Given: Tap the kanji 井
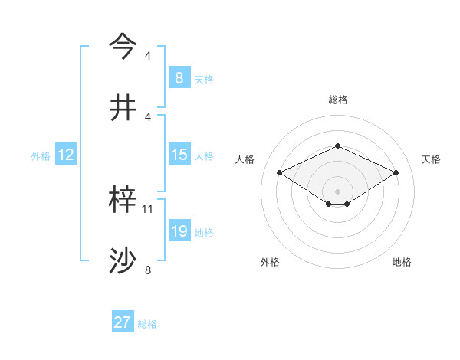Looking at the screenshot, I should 123,107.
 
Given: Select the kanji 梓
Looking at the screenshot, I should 123,201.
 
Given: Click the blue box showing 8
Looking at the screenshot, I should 179,77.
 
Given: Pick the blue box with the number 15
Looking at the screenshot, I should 179,155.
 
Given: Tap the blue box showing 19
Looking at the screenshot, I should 179,231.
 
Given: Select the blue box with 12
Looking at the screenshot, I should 65,155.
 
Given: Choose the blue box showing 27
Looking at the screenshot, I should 122,322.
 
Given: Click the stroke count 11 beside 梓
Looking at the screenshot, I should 148,208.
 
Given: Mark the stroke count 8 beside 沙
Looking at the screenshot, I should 148,270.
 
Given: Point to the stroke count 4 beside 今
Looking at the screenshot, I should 148,55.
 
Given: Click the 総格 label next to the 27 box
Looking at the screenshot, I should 147,324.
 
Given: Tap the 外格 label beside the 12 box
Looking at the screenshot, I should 41,156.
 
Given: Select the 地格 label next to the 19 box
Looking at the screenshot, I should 204,233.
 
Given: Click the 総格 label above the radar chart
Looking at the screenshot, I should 337,100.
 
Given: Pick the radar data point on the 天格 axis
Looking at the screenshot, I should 396,172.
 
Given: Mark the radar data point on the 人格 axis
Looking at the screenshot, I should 280,172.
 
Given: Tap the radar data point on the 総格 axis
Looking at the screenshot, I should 337,146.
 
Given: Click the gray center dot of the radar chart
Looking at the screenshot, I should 337,190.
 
